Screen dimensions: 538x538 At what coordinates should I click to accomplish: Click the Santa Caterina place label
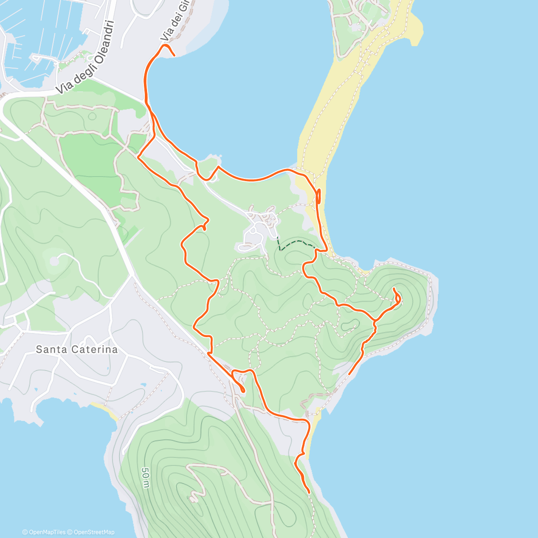(x=77, y=349)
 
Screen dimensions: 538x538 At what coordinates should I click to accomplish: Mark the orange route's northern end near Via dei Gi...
(x=174, y=56)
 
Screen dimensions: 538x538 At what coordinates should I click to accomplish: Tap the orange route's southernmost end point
(x=309, y=493)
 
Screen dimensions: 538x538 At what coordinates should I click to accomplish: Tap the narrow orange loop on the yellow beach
(x=319, y=196)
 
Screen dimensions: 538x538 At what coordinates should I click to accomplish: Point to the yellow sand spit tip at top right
(x=417, y=31)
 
